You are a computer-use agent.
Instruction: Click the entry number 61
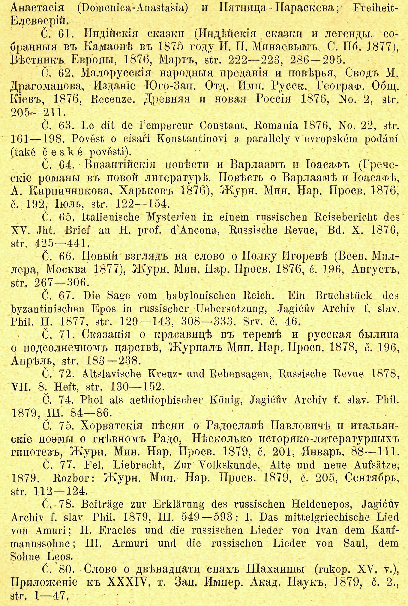tap(64, 34)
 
